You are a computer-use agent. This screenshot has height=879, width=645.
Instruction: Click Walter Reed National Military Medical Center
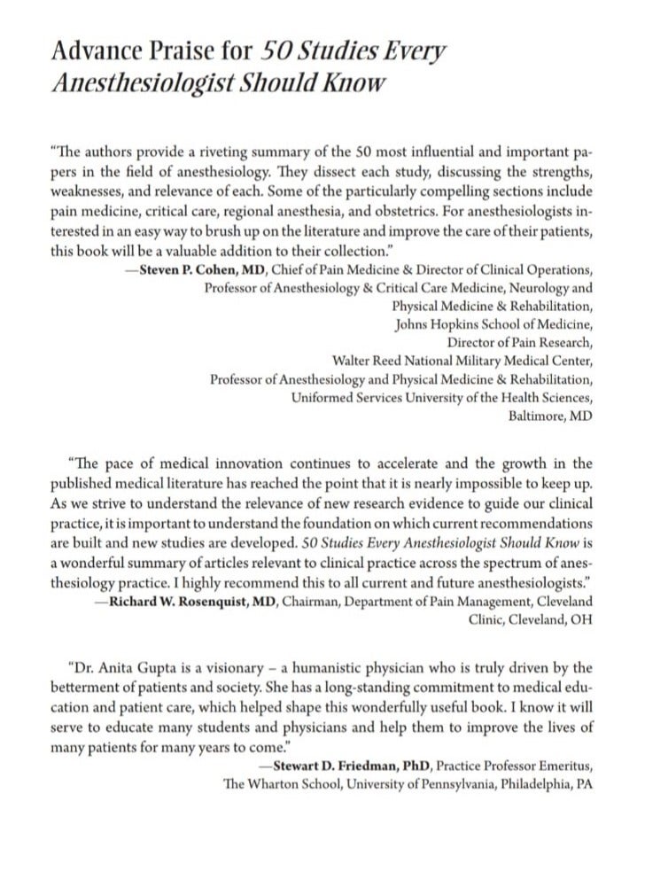[x=462, y=361]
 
